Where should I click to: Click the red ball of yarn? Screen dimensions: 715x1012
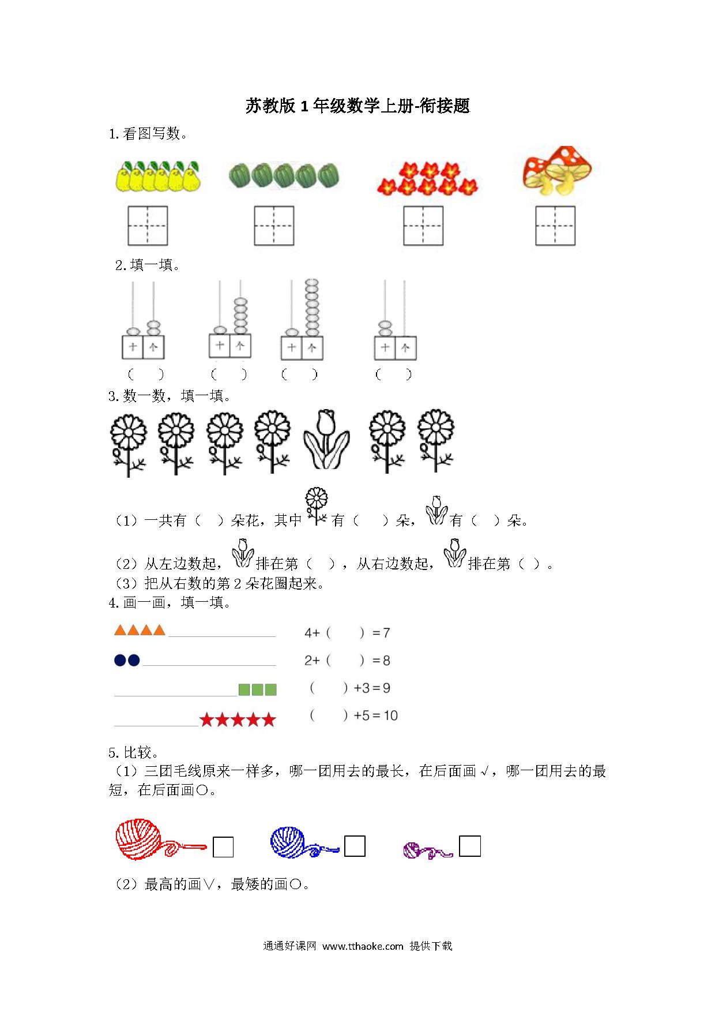(141, 839)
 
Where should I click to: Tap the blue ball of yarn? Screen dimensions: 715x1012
(291, 842)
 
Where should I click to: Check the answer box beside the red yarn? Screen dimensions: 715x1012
(223, 847)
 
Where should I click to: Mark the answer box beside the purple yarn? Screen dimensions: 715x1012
(470, 846)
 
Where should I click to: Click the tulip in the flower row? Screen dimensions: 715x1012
(326, 439)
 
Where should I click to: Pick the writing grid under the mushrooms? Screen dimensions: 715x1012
(555, 226)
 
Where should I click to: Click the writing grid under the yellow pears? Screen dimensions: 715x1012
(148, 226)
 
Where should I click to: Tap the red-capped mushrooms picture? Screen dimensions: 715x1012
(557, 171)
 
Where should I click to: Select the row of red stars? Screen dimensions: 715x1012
(238, 719)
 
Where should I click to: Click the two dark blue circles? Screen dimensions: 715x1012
(127, 660)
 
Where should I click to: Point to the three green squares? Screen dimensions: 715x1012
(258, 689)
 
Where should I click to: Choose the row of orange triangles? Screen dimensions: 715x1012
(140, 630)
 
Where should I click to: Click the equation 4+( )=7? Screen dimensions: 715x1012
(347, 633)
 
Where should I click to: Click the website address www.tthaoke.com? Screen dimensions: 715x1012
(363, 946)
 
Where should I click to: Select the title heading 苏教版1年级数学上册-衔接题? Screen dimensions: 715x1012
(358, 106)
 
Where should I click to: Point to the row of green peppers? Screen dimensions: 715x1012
(284, 175)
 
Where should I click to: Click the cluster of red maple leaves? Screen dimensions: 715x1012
(427, 178)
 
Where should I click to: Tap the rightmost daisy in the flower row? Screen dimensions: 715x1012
(436, 441)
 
